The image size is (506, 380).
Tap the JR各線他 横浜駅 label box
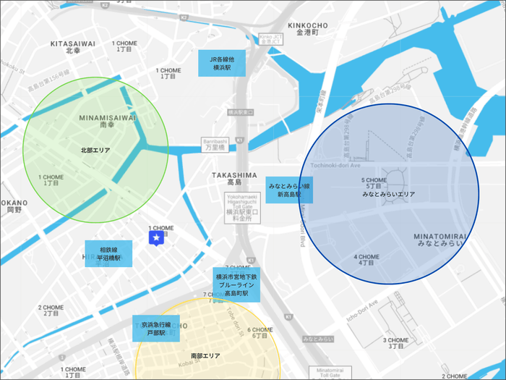(x=222, y=64)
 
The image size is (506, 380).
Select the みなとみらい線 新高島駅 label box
(x=289, y=190)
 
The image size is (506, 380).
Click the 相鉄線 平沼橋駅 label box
(x=108, y=253)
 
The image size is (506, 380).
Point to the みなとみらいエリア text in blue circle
(x=388, y=195)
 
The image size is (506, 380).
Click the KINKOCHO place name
(x=309, y=26)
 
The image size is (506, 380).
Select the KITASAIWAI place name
(x=73, y=43)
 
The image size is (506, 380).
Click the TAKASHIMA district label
(x=234, y=175)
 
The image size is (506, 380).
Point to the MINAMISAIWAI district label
(x=107, y=117)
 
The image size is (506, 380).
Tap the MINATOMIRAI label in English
(x=444, y=237)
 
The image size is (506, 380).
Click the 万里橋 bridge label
(x=215, y=147)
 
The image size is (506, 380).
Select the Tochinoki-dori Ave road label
(x=335, y=165)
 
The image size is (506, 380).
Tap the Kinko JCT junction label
(x=273, y=38)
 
